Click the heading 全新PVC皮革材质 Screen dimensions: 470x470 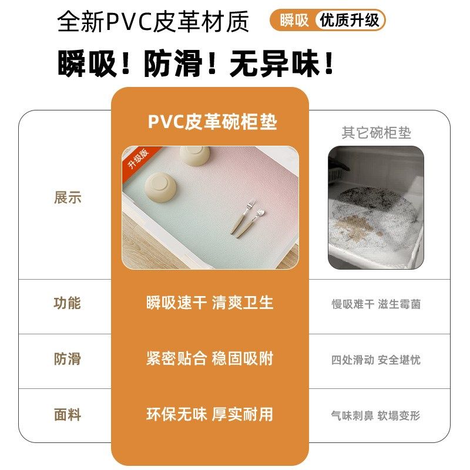pos(153,22)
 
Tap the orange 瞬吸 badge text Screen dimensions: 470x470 pos(294,21)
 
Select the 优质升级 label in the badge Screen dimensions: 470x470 pos(350,21)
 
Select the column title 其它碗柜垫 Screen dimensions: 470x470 pos(376,133)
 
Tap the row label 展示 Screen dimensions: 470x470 pos(68,198)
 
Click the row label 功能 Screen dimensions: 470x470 pos(68,304)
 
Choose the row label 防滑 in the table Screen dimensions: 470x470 pos(68,359)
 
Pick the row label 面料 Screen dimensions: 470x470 pos(68,415)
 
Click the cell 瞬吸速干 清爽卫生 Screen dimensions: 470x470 pos(210,303)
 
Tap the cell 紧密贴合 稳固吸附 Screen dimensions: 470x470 pos(210,358)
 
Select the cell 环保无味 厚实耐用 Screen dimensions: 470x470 pos(210,414)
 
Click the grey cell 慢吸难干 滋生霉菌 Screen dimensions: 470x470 pos(376,304)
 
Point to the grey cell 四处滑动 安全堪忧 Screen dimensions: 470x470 pos(376,360)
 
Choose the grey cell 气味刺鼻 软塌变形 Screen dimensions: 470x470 pos(376,415)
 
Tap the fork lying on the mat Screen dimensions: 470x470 pos(242,217)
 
